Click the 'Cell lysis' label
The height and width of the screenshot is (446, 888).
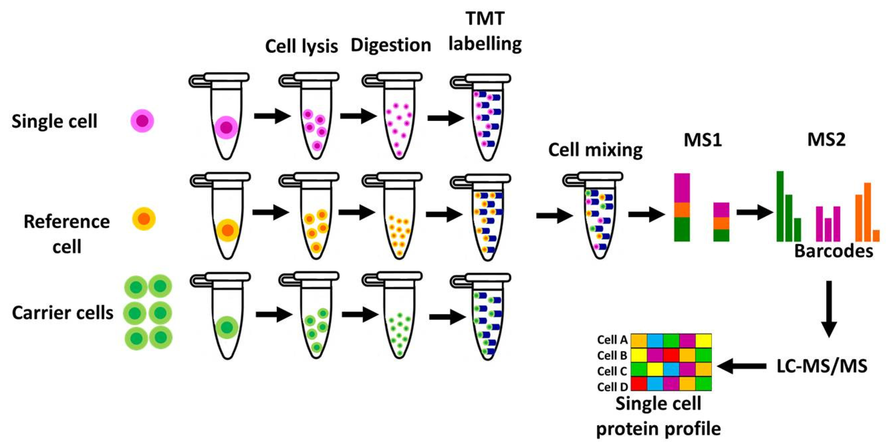[301, 46]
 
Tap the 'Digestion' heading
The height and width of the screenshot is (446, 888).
[391, 45]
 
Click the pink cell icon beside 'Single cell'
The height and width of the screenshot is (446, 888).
[142, 121]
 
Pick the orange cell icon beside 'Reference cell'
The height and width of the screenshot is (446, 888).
[144, 219]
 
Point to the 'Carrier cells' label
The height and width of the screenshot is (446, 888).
[62, 313]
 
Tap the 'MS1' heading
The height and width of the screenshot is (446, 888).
[703, 140]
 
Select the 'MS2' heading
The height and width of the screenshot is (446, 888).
[826, 140]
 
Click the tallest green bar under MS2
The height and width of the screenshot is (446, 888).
[780, 206]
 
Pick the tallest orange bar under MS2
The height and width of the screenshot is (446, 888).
[867, 212]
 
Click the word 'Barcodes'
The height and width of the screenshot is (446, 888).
[833, 251]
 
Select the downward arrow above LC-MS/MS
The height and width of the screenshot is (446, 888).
[829, 309]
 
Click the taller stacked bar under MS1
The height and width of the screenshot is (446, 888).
[682, 207]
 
